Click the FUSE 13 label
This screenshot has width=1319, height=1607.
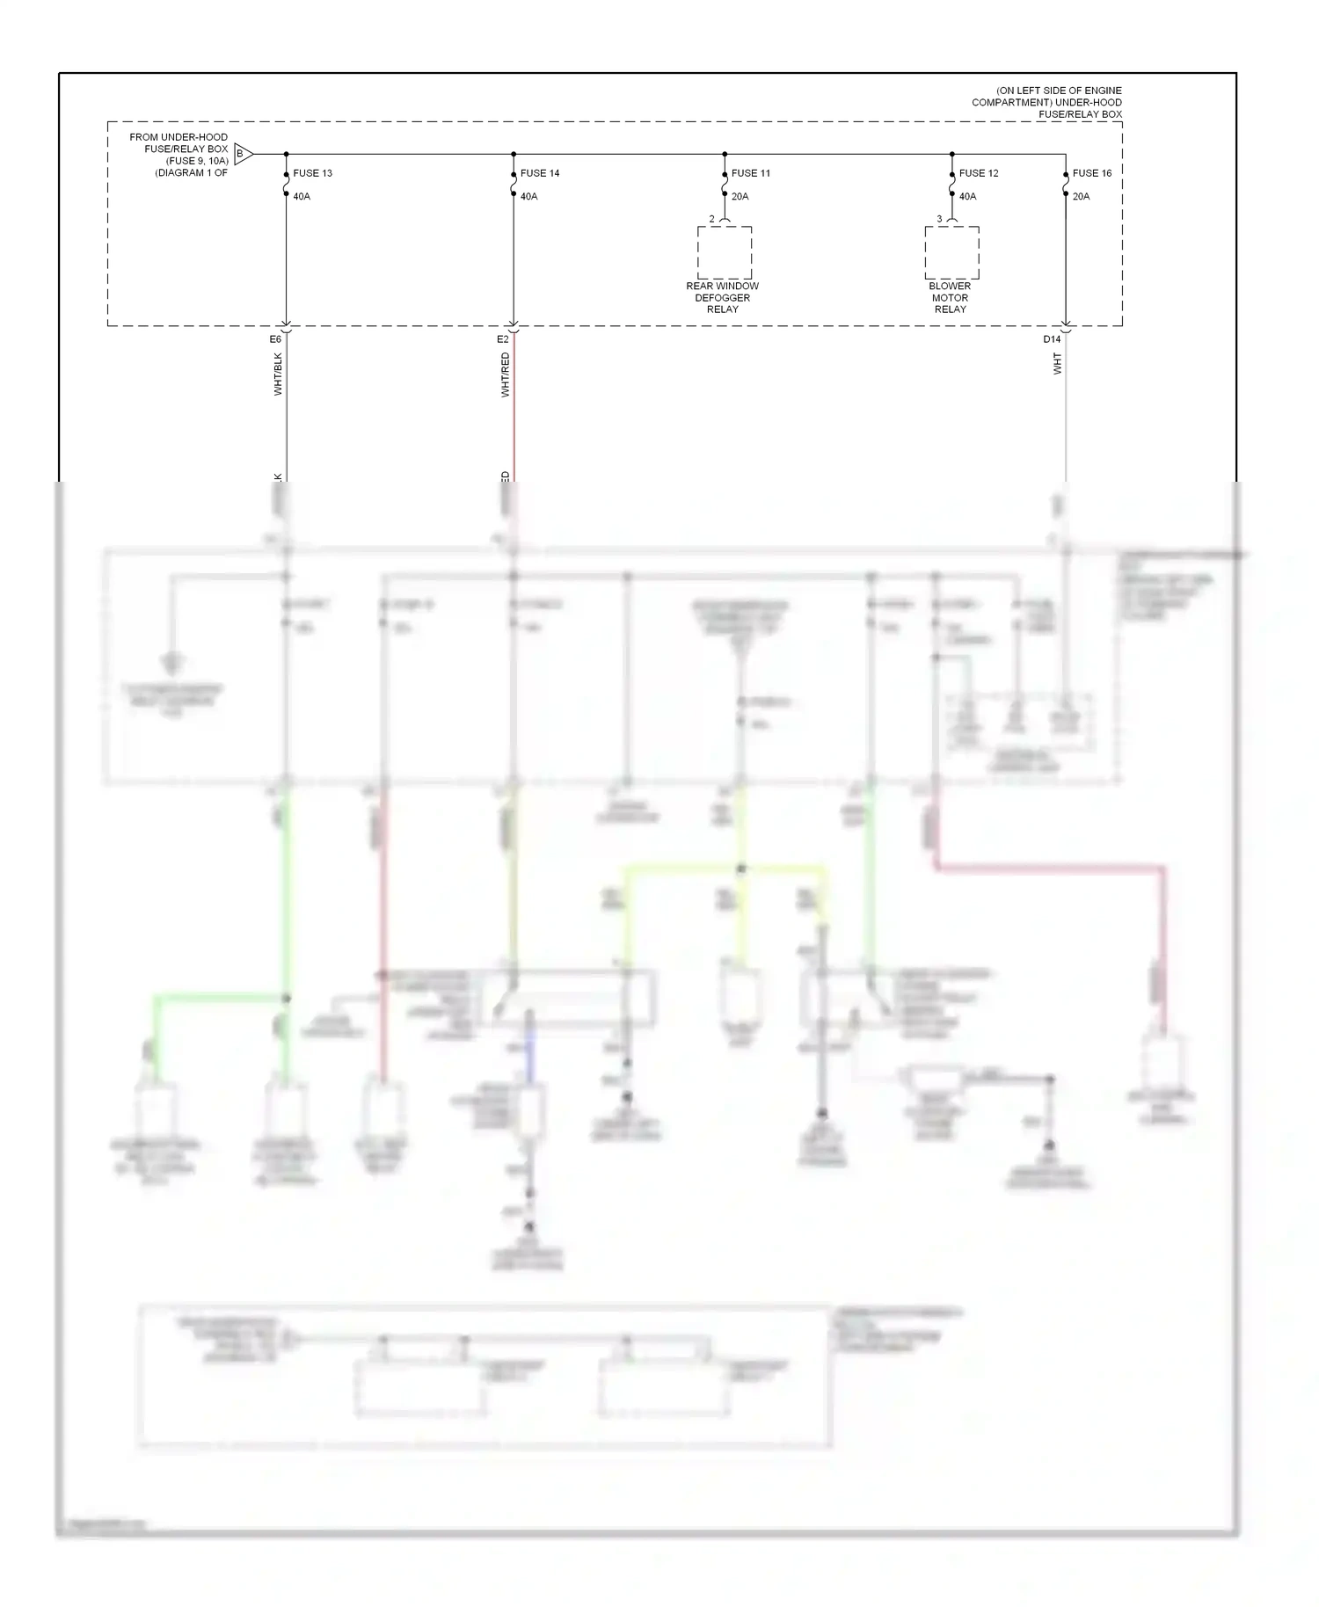coord(312,173)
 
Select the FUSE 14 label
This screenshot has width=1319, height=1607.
coord(540,173)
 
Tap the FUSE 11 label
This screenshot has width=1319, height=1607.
coord(750,173)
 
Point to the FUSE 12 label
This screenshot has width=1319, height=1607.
coord(979,173)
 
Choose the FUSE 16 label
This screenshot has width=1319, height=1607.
coord(1092,173)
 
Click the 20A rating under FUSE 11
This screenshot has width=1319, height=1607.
coord(740,196)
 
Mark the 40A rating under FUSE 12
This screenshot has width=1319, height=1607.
coord(967,196)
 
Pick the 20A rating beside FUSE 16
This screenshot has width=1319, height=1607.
coord(1081,196)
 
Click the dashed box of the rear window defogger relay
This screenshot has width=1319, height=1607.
coord(725,252)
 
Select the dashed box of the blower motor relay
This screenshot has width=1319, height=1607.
coord(951,252)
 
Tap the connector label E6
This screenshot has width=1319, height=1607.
coord(275,339)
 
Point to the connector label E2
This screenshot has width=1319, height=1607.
coord(503,339)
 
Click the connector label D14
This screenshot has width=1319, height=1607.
coord(1052,339)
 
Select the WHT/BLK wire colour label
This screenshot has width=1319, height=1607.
coord(279,374)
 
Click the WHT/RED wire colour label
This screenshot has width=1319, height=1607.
coord(506,374)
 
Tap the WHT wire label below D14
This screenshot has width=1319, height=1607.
coord(1058,364)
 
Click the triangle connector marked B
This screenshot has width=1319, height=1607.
coord(244,155)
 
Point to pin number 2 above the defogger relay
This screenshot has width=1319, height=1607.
coord(712,219)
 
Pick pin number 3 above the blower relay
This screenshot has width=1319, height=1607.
coord(939,219)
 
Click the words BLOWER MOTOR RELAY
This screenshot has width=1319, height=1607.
coord(950,297)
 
